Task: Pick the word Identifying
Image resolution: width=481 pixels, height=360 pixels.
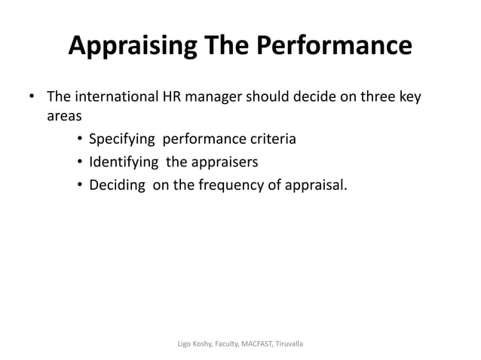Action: (x=123, y=161)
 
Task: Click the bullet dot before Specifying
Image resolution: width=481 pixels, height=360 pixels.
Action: (x=79, y=139)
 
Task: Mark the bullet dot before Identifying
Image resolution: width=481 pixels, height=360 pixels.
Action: (x=79, y=161)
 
